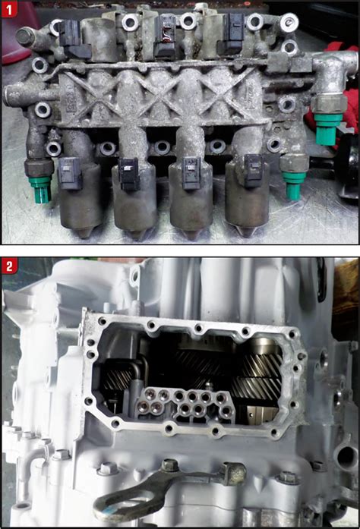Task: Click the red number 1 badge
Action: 11,11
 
